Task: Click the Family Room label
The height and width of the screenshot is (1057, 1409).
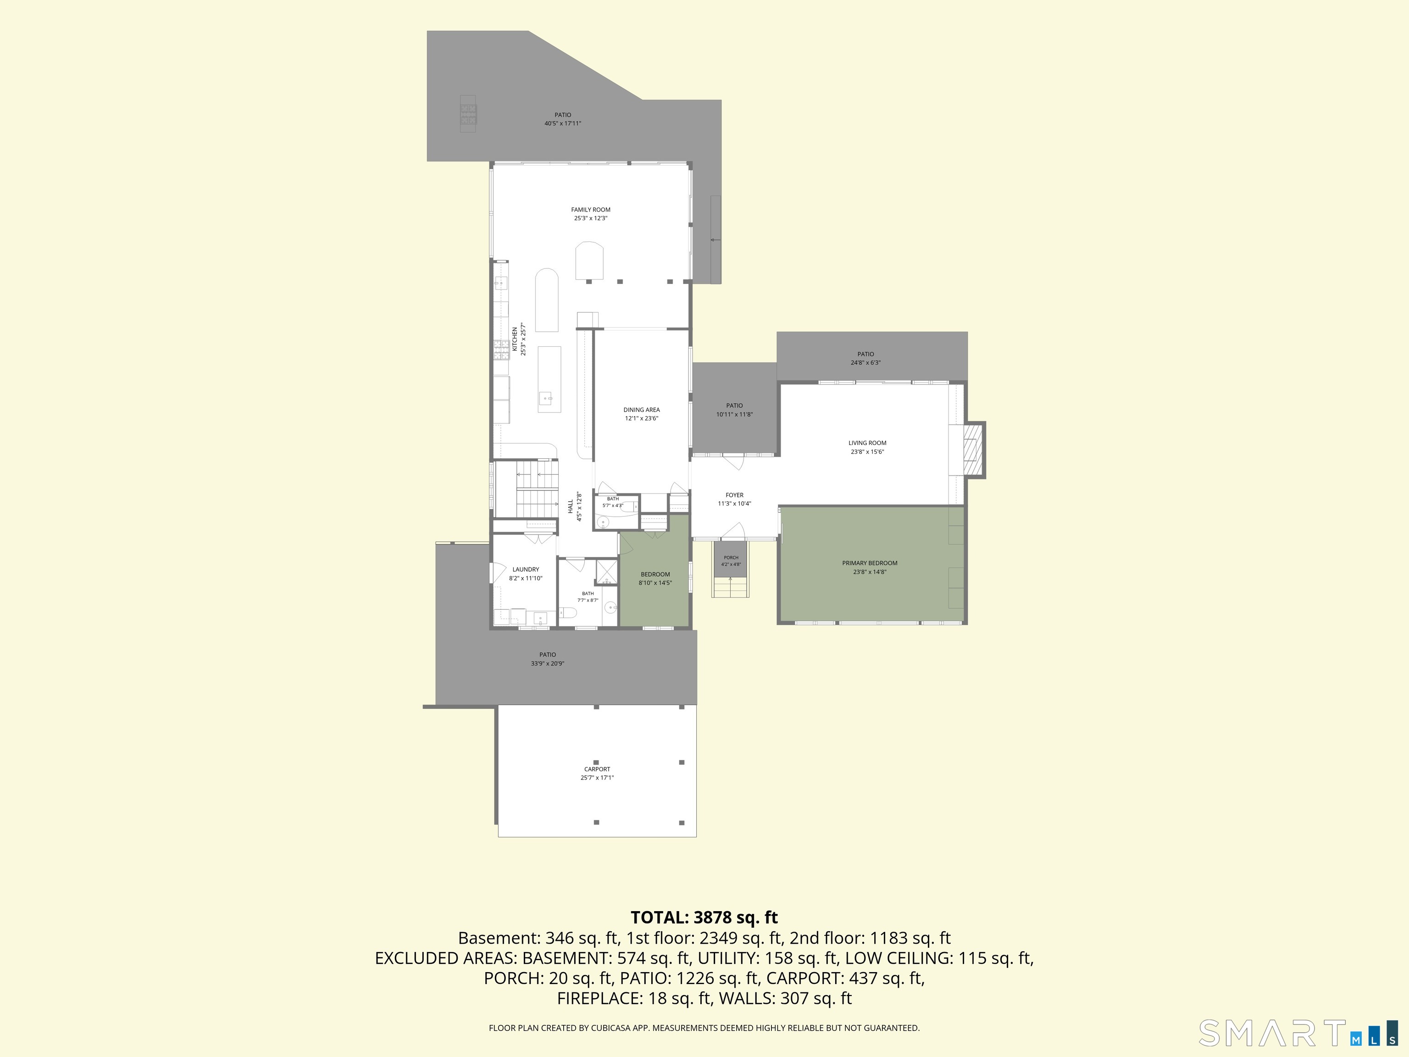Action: click(590, 210)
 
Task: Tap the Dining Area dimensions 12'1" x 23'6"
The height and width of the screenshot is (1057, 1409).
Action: click(642, 418)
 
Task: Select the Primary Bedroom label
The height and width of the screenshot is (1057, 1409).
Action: click(870, 563)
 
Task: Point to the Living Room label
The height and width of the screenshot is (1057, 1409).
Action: click(867, 443)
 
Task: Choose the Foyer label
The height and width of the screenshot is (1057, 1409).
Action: click(734, 495)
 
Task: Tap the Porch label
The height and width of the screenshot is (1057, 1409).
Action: click(731, 557)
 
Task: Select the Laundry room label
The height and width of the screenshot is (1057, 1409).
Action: click(526, 570)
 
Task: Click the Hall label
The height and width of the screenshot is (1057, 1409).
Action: click(570, 506)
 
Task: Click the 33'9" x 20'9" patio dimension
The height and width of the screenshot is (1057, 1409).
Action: click(548, 663)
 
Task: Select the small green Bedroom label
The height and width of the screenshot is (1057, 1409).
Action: click(655, 574)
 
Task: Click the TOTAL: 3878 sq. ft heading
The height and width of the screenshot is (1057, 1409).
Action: click(704, 918)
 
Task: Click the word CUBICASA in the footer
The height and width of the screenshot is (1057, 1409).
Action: click(611, 1028)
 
